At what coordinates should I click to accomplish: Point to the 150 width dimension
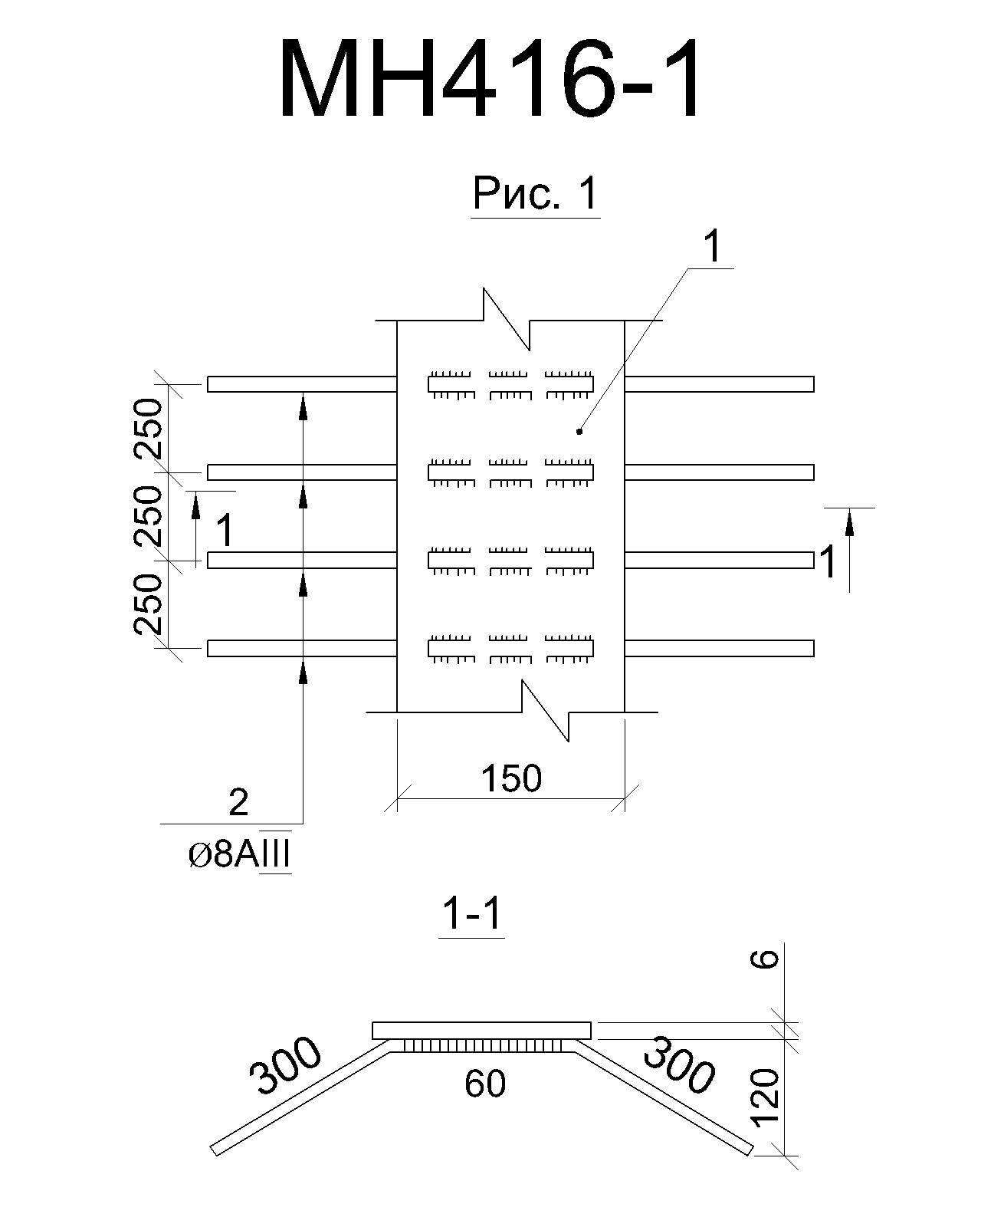511,778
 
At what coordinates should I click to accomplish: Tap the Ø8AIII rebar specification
239,855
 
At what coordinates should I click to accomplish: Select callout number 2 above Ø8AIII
238,802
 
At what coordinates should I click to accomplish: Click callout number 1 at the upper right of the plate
713,247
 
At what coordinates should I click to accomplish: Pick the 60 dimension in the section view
485,1084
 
